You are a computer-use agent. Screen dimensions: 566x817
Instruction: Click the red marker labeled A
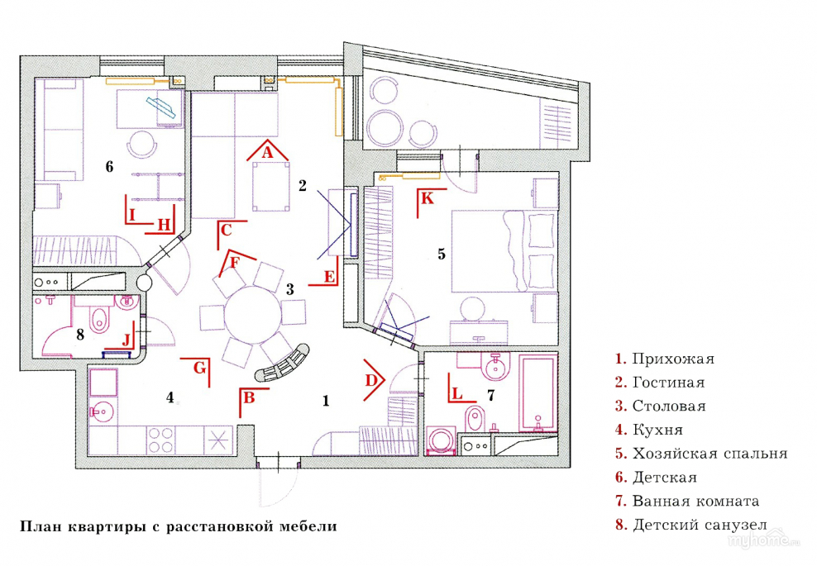click(266, 152)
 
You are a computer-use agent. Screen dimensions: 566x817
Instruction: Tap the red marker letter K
click(427, 199)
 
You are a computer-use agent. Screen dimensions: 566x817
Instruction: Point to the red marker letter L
click(456, 394)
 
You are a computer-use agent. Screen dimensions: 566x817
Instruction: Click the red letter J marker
click(127, 340)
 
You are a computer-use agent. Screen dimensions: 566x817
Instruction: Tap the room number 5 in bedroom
click(442, 254)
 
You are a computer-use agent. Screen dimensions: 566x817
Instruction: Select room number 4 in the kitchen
click(170, 397)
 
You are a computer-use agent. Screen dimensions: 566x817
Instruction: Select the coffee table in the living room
click(272, 186)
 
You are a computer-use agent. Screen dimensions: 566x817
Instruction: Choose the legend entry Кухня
click(657, 430)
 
